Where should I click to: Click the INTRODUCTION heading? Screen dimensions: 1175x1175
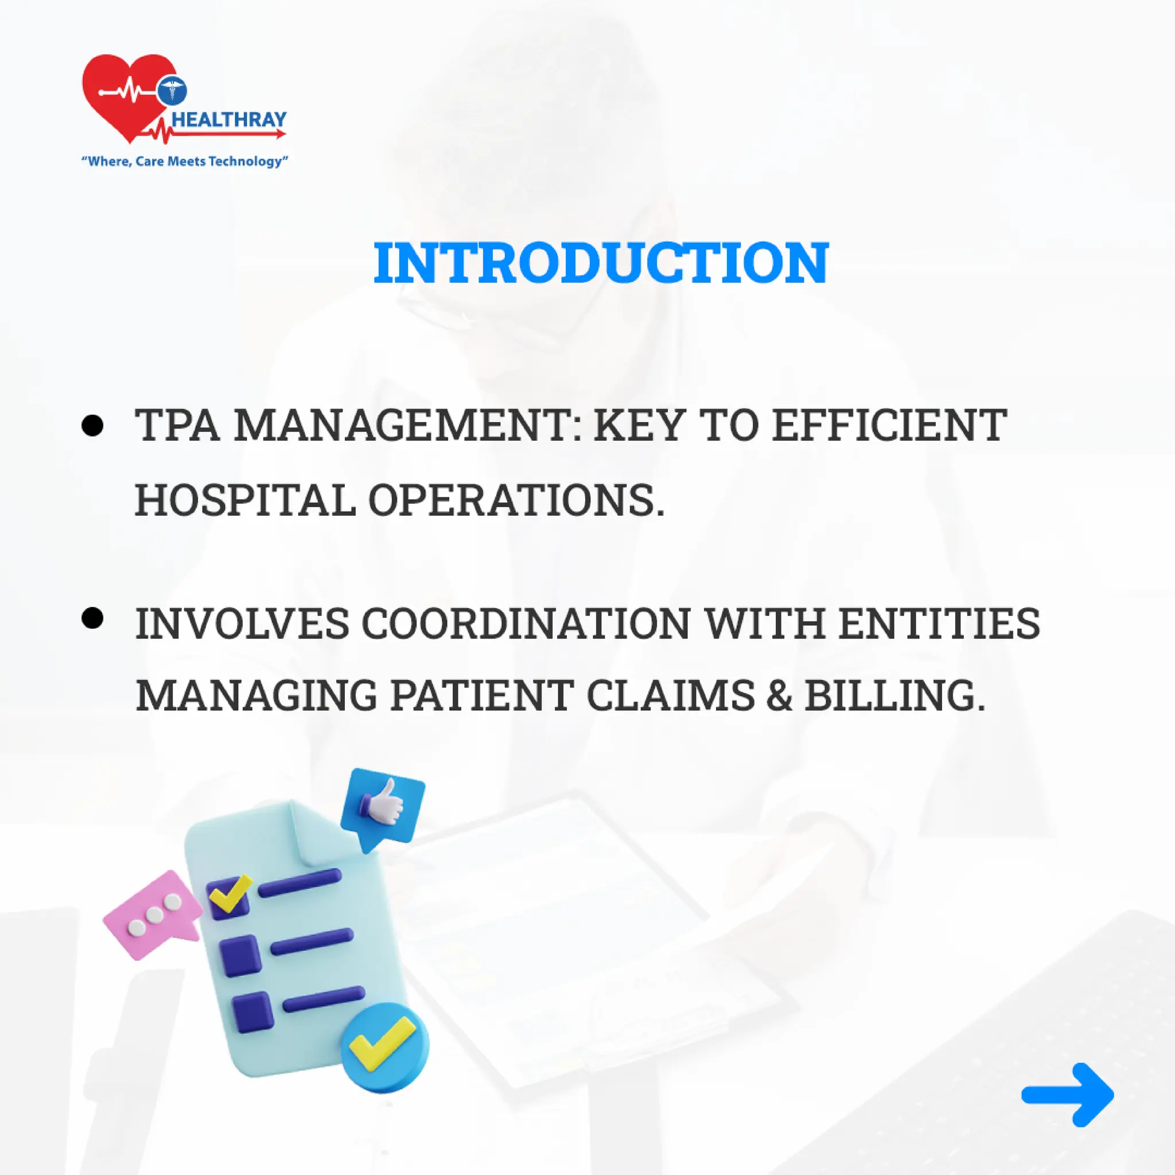600,263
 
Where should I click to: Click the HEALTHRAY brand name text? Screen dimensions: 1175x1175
229,119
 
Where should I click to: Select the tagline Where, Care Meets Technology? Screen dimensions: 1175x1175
184,161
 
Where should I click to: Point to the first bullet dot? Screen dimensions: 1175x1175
92,425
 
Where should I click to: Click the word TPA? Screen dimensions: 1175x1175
177,425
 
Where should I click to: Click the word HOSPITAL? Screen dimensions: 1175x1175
245,500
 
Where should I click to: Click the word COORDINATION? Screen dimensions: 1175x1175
526,624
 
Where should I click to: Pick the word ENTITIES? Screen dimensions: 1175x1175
939,624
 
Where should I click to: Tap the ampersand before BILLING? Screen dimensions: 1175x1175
779,695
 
